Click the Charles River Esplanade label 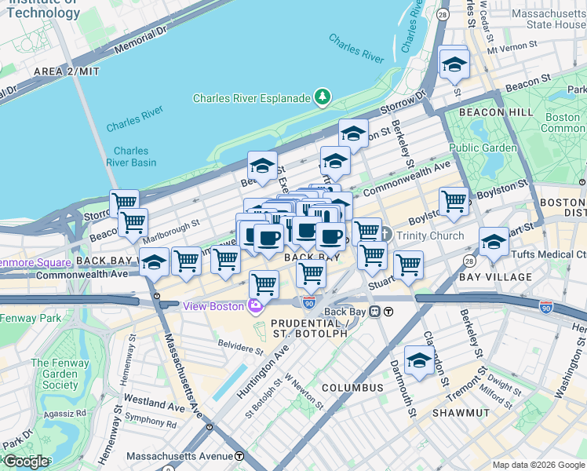click(252, 97)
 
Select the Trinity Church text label click(431, 235)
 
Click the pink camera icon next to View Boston click(255, 305)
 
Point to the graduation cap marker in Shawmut click(420, 360)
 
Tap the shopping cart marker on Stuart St click(408, 266)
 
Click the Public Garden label click(483, 148)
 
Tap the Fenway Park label click(30, 318)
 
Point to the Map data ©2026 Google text click(538, 465)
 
